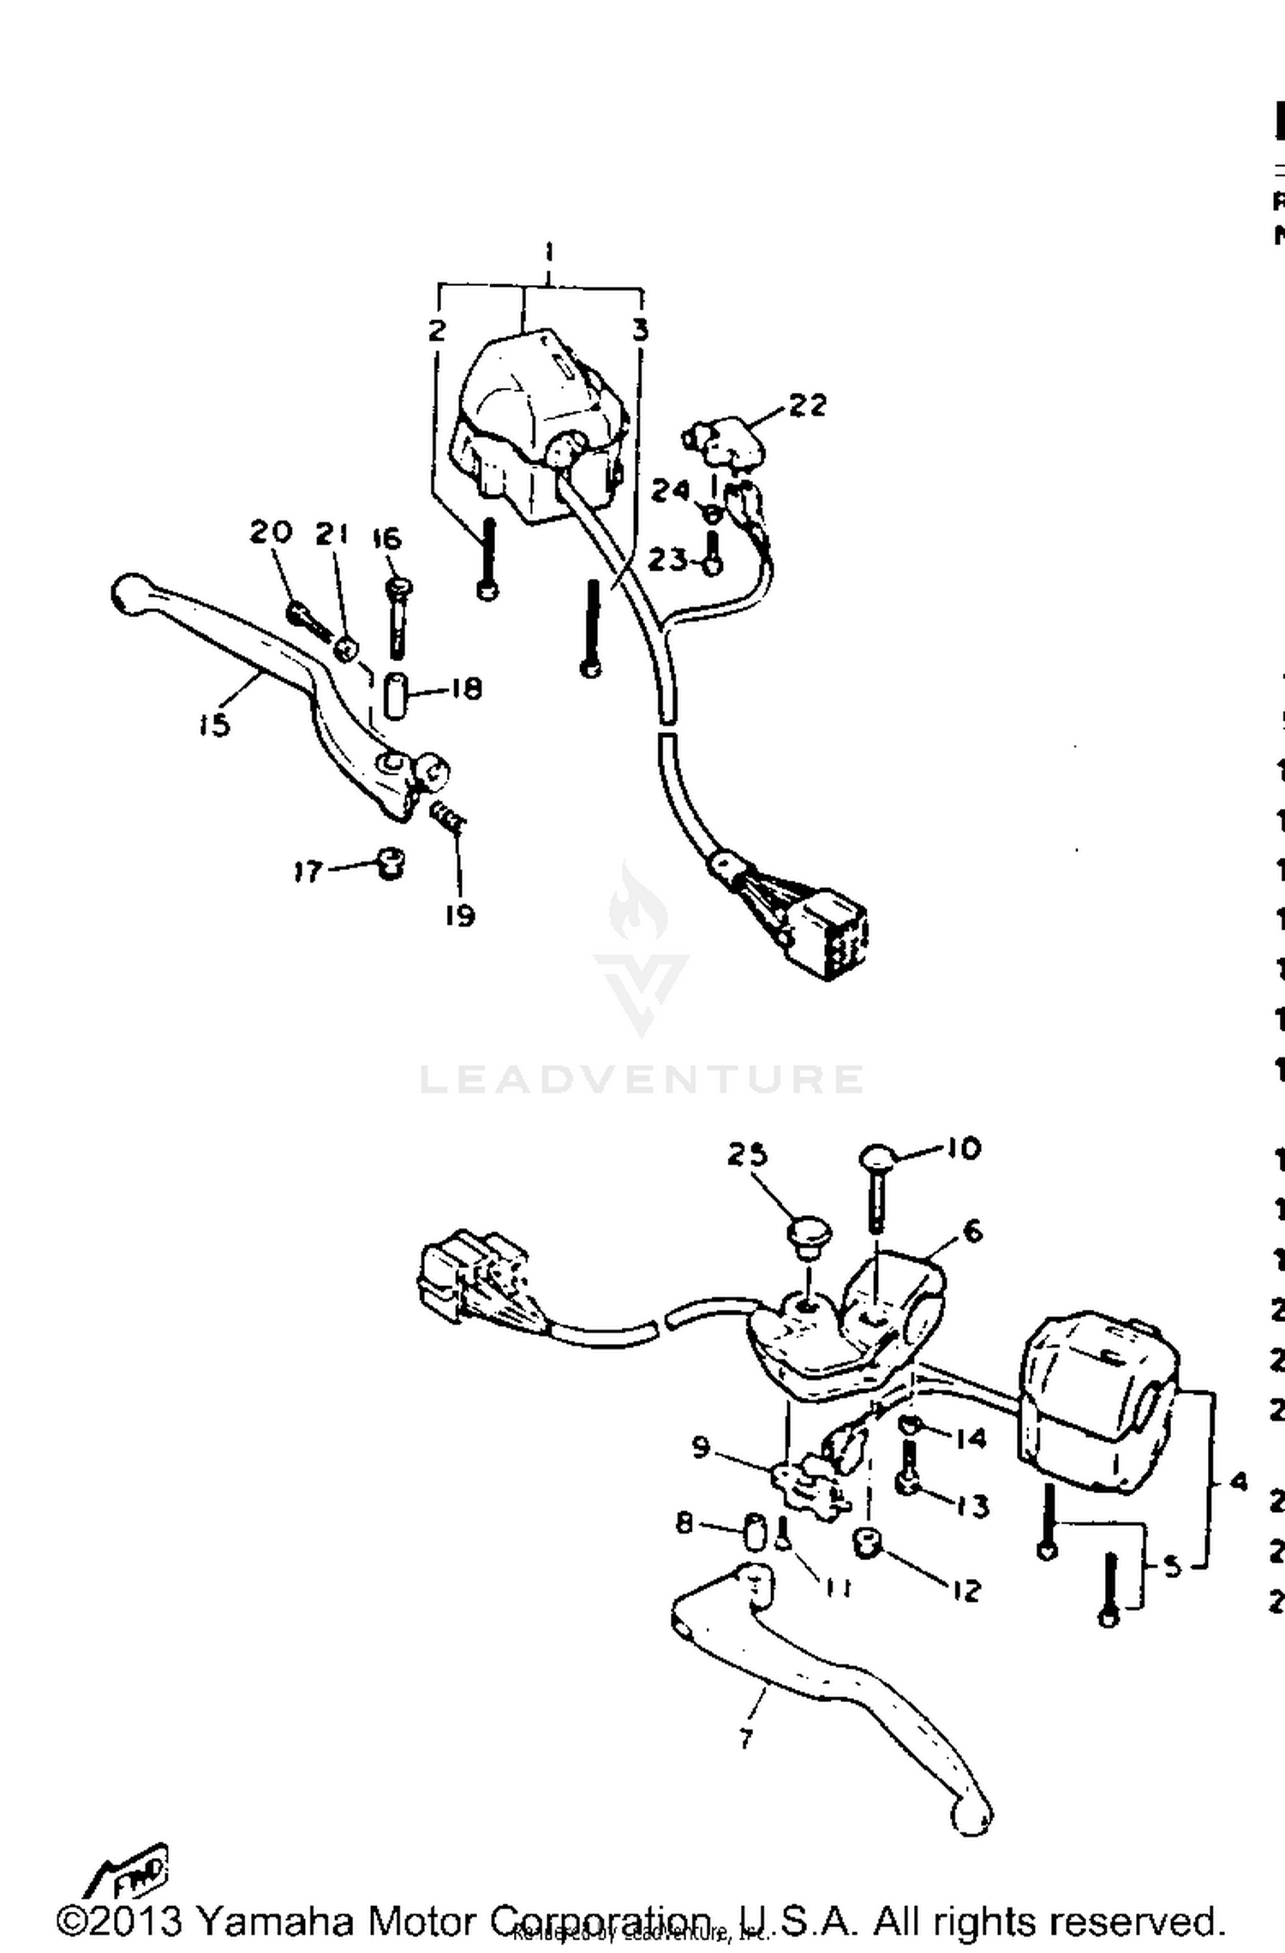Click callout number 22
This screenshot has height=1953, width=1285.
click(x=807, y=405)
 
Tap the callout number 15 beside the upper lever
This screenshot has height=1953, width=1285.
click(x=214, y=724)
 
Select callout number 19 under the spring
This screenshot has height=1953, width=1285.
click(x=460, y=915)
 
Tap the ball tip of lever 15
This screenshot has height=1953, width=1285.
click(x=128, y=592)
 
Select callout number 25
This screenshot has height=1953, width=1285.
click(x=747, y=1155)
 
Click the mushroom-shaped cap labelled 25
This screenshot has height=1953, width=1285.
click(x=805, y=1239)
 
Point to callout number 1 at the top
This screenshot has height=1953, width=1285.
click(x=549, y=253)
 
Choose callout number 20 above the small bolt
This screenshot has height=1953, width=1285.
click(x=271, y=532)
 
